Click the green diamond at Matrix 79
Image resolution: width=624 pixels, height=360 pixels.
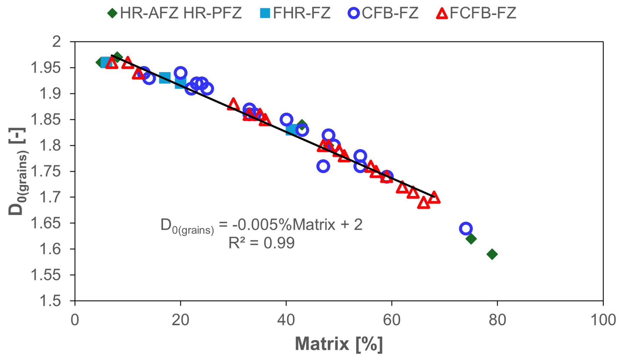[492, 254]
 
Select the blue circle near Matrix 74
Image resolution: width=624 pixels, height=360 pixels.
[465, 228]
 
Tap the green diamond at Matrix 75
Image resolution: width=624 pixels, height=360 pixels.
[471, 239]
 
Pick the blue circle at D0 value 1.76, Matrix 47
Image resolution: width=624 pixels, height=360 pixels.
[323, 166]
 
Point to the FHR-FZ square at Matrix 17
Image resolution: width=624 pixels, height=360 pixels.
[165, 78]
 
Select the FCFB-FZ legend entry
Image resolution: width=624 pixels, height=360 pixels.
[476, 13]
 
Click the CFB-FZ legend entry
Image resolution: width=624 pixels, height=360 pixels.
[384, 13]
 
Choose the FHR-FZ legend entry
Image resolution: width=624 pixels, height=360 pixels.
[295, 13]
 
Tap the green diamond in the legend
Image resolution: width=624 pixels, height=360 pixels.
[112, 13]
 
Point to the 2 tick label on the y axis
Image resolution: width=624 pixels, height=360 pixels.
[57, 42]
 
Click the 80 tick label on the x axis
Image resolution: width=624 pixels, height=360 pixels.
[497, 320]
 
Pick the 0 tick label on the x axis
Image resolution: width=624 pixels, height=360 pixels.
[75, 320]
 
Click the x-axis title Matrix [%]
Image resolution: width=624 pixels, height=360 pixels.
[339, 344]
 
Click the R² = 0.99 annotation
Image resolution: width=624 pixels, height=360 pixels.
[261, 243]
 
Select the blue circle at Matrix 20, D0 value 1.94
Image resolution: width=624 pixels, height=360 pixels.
[180, 73]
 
